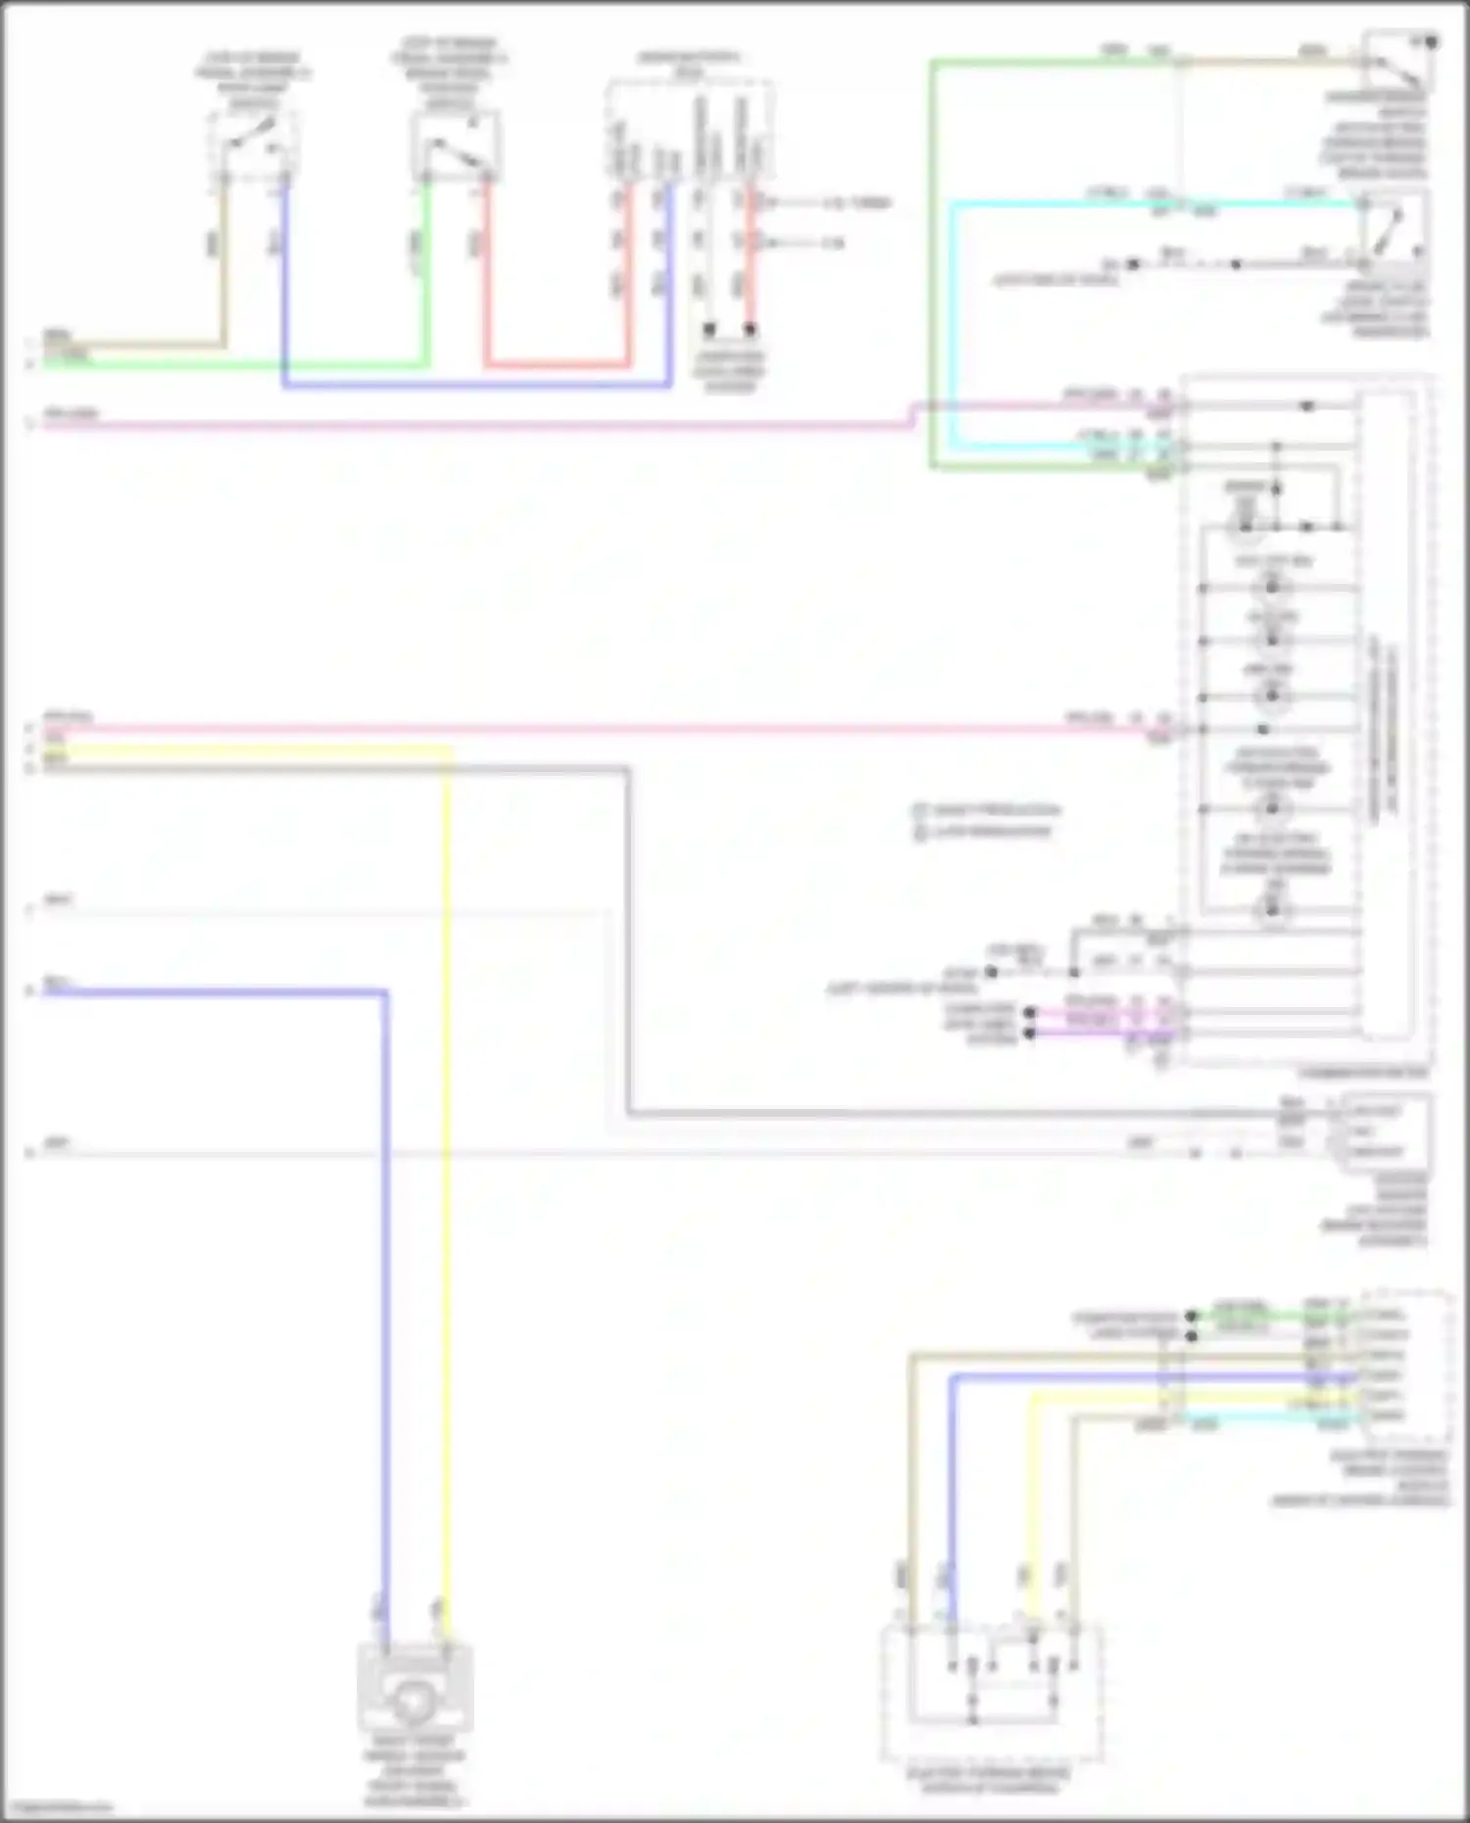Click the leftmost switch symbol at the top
(254, 145)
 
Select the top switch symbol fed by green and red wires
(455, 147)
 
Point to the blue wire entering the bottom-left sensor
(385, 1371)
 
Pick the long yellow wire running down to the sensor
(448, 1273)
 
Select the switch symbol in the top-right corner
(1398, 61)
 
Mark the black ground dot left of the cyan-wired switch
(1133, 265)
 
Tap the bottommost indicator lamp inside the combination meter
(1272, 910)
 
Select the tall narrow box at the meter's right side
(1385, 715)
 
